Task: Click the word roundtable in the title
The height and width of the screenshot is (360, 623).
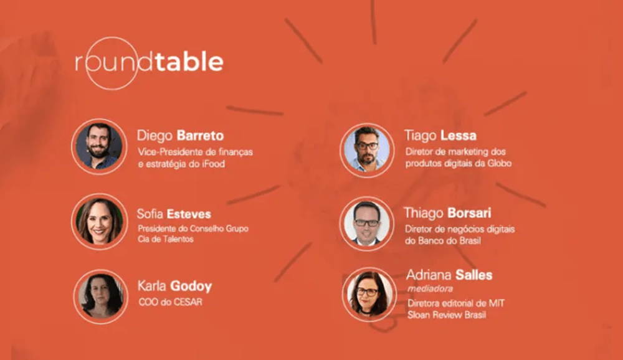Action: pos(149,62)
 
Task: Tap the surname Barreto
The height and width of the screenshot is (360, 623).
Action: pos(200,136)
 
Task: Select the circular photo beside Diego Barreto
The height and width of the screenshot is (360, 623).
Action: pos(99,146)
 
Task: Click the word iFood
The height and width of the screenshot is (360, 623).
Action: pos(213,164)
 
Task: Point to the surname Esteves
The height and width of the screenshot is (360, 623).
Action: pos(189,214)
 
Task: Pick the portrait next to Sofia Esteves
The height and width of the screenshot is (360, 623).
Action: pos(99,221)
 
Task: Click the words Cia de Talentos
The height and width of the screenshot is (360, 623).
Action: pos(166,239)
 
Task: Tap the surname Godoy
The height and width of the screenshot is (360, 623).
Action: pos(191,287)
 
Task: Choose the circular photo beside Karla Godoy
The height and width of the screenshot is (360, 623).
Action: pos(100,296)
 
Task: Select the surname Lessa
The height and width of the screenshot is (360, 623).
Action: pos(458,136)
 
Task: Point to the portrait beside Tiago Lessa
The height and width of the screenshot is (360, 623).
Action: pos(367,150)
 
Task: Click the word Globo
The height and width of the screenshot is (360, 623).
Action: pos(500,163)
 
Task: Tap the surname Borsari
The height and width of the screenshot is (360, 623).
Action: pos(469,213)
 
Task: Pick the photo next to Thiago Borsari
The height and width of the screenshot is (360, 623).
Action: pos(367,224)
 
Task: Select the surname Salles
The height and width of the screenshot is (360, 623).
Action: pos(474,275)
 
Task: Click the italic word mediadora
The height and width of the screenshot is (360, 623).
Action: pos(430,288)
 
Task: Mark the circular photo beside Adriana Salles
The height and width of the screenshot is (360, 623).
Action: pos(369,295)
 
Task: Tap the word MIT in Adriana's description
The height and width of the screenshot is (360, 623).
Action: pos(497,303)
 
